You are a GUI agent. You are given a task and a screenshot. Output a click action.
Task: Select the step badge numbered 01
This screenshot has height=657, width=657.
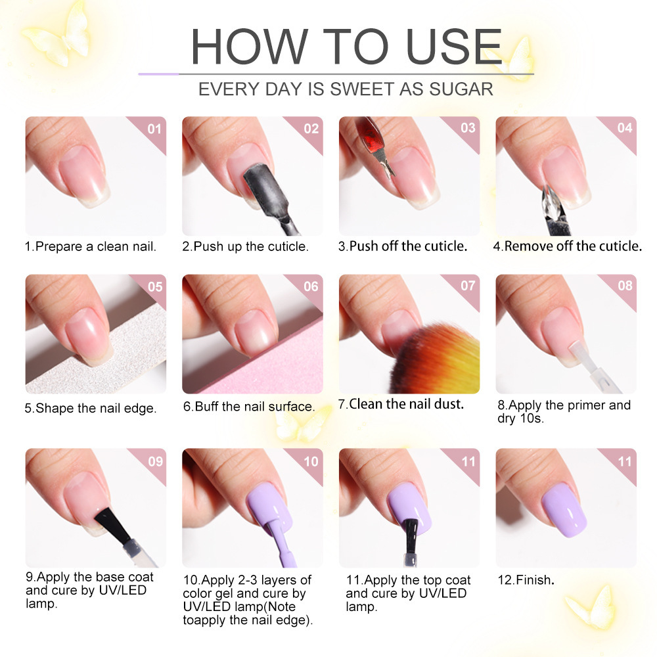coord(154,128)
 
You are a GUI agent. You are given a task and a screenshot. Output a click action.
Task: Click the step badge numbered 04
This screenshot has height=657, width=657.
coord(624,128)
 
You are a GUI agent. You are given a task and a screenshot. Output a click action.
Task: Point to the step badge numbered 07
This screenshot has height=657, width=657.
coord(467,286)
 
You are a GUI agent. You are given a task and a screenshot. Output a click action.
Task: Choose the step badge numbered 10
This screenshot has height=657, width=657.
coord(311,461)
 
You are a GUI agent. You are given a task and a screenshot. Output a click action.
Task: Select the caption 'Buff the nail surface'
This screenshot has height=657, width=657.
coord(249,407)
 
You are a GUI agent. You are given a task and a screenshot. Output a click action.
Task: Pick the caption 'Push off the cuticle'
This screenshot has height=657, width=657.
coord(403,246)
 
